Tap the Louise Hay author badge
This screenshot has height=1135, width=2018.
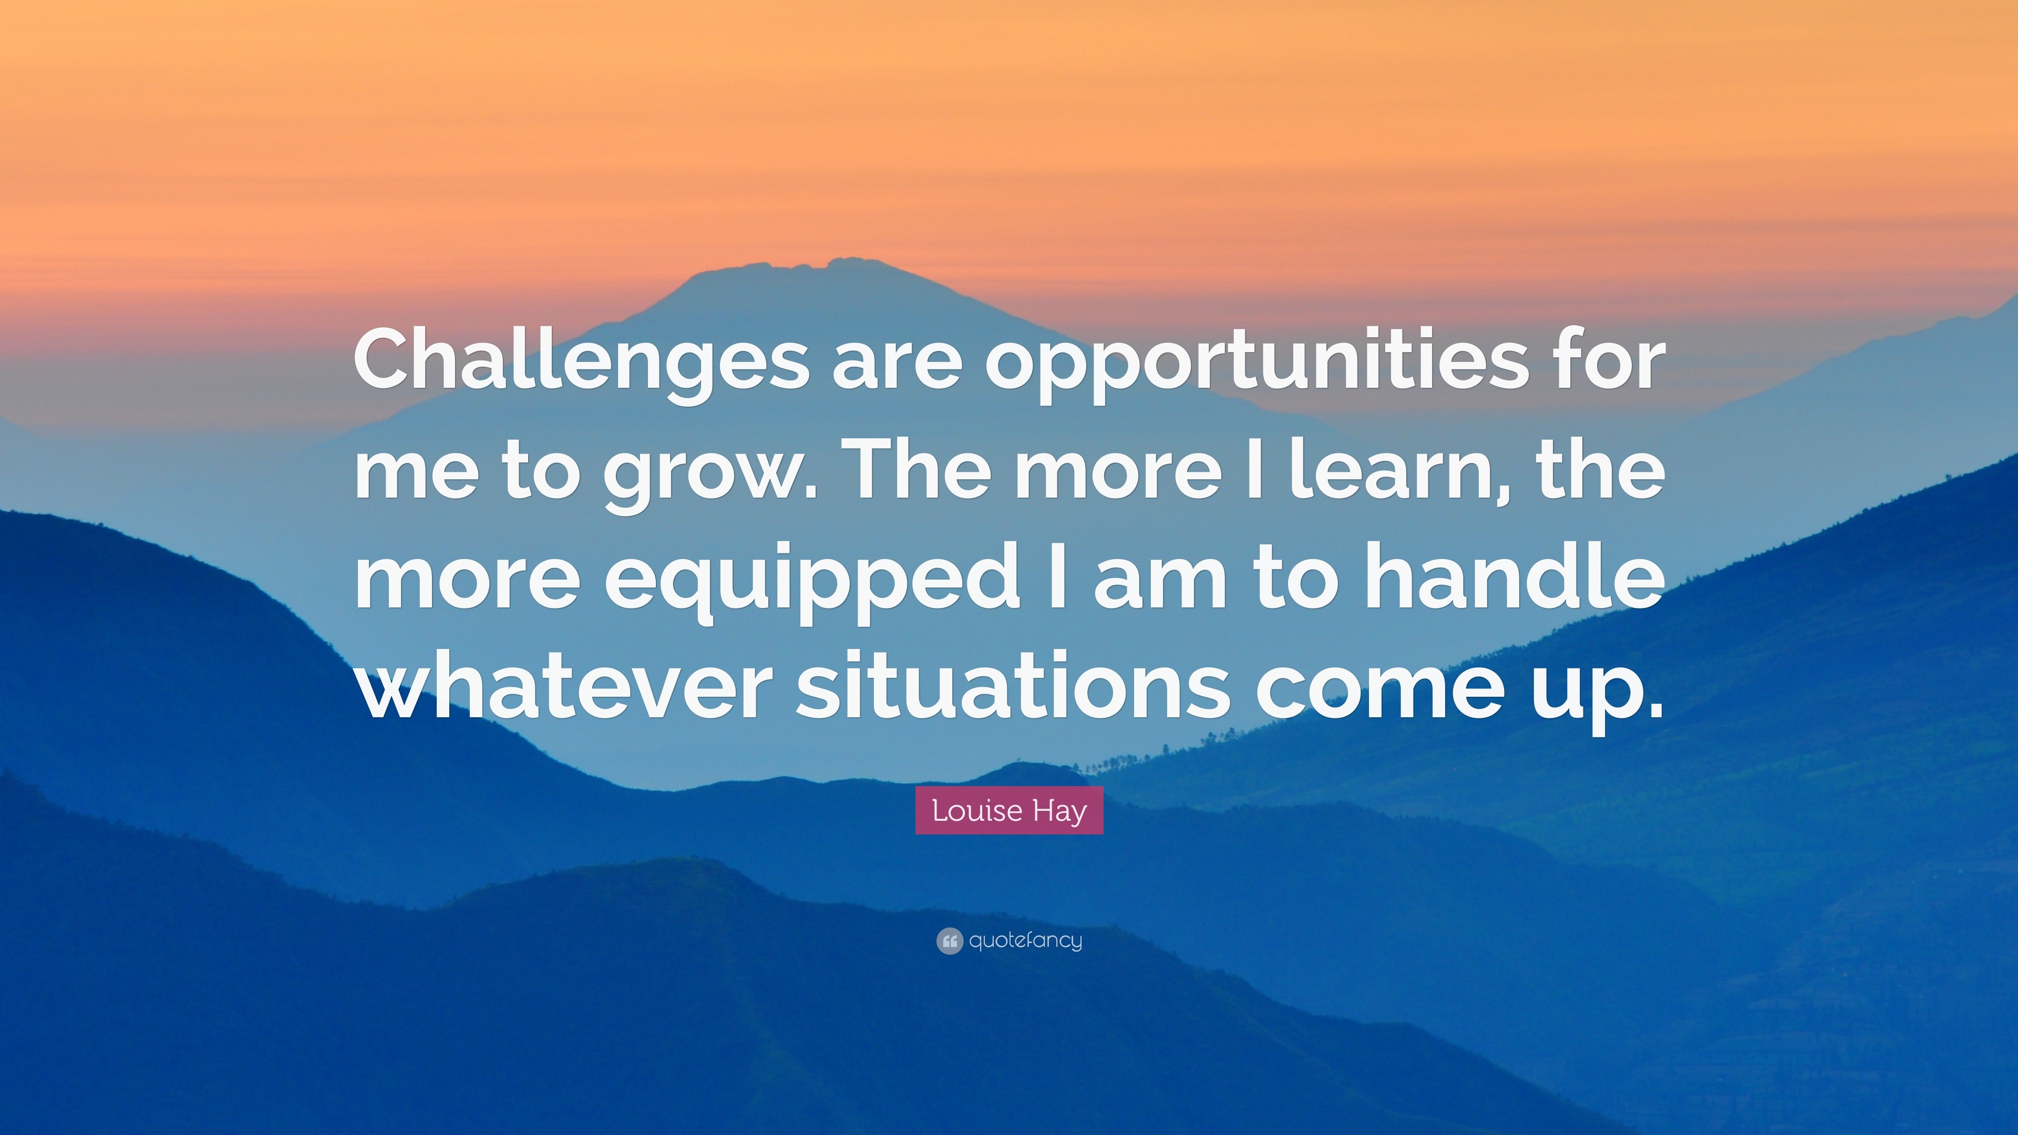(x=1009, y=810)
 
